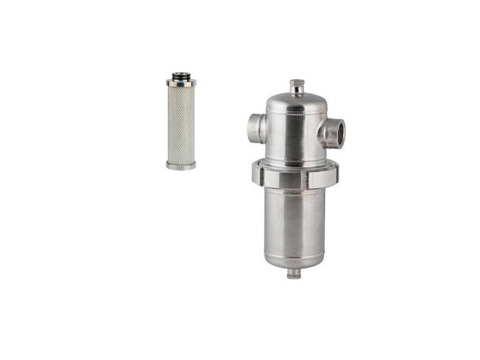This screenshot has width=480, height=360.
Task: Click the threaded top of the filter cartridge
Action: tap(181, 75)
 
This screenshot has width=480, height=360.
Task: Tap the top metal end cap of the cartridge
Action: tap(181, 82)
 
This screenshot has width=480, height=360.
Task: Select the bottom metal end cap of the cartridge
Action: tap(181, 165)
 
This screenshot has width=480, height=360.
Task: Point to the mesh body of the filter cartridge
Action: tap(181, 124)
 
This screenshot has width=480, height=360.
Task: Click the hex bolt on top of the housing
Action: tap(296, 83)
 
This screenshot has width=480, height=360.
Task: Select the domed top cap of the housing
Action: tap(296, 101)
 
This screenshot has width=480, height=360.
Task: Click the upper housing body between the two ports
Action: tap(295, 136)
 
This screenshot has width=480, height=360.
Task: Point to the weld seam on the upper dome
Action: tap(296, 112)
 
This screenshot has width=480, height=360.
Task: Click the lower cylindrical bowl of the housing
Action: tap(294, 220)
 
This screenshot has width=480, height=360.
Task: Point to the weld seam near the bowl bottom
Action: tap(294, 256)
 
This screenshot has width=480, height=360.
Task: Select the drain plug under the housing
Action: tap(294, 274)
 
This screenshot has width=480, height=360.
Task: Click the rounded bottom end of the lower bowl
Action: tap(294, 263)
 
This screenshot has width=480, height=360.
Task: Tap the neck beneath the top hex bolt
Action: tap(296, 91)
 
